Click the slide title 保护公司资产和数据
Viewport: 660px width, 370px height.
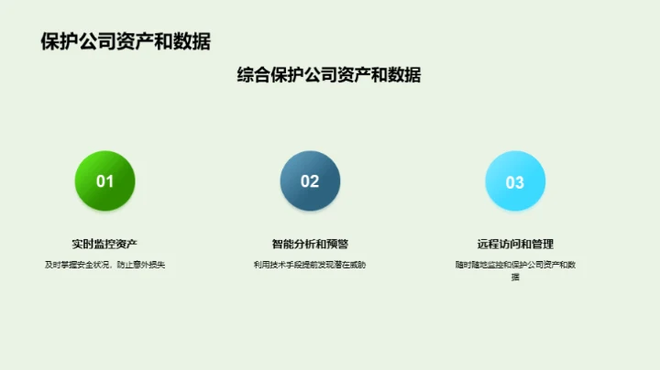[126, 41]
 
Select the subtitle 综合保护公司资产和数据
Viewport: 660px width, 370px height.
[329, 76]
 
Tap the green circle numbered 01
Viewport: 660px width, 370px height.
[104, 180]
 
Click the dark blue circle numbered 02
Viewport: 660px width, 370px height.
[310, 180]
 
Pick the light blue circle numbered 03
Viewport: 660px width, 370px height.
[515, 180]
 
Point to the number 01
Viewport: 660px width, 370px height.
[104, 181]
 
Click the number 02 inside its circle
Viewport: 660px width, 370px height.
[310, 181]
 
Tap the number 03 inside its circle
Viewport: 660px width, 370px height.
[515, 182]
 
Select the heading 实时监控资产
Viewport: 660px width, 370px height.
[104, 244]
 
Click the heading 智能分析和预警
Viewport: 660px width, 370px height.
[310, 244]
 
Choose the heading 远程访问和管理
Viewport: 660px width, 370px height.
[515, 244]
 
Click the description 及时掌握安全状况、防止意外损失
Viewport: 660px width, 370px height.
[104, 265]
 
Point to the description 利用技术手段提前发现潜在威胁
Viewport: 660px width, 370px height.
[310, 265]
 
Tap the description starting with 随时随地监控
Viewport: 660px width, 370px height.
[515, 265]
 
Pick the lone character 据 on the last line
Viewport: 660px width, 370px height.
[515, 277]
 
